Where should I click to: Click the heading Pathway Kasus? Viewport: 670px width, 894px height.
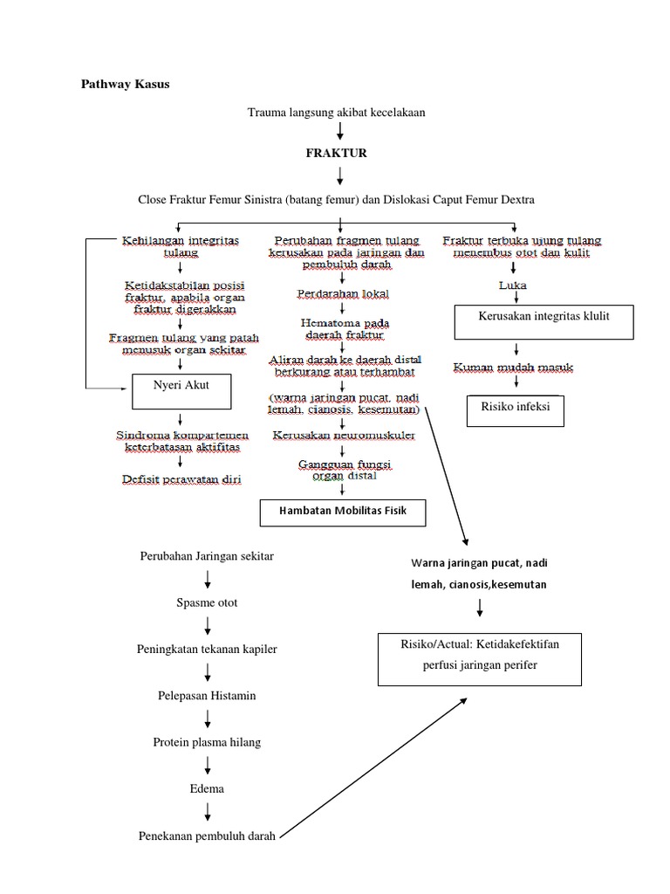(126, 85)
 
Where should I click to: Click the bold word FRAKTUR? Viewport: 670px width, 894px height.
(336, 153)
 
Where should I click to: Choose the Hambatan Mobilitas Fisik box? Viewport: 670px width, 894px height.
(344, 512)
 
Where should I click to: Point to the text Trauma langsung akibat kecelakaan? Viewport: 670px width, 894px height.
(336, 112)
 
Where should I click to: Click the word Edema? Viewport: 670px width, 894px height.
(207, 788)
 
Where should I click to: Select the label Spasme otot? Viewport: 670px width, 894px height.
(207, 603)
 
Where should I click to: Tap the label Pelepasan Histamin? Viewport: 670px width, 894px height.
(207, 696)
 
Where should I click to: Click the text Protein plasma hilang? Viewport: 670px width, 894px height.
(207, 742)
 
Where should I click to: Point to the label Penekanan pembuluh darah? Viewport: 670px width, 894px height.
(207, 836)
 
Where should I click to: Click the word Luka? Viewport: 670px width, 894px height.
(512, 285)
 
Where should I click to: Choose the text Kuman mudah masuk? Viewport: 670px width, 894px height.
(513, 368)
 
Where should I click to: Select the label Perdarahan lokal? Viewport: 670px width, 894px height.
(343, 293)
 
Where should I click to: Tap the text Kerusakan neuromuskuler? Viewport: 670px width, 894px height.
(343, 434)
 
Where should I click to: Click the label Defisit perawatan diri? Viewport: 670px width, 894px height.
(182, 478)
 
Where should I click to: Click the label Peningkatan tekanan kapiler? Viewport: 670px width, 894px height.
(207, 650)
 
